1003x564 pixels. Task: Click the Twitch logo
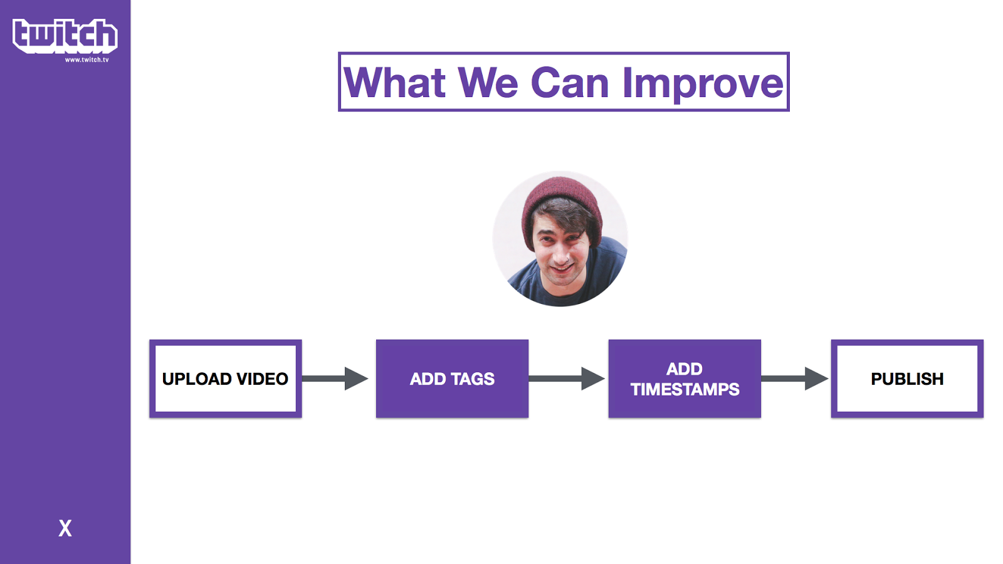[65, 36]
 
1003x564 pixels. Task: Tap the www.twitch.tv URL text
[87, 60]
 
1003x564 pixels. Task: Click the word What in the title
[394, 82]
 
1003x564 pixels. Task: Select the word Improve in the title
[703, 85]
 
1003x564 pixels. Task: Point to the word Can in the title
[570, 82]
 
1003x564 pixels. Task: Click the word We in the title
[488, 82]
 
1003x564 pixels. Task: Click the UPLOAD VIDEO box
[226, 379]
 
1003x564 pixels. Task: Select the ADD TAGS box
[452, 379]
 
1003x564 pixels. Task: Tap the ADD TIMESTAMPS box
[685, 379]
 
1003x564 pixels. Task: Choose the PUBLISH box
[907, 379]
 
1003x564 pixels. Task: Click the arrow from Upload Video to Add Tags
[335, 379]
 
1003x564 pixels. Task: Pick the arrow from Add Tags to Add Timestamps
[567, 379]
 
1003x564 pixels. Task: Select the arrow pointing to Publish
[794, 379]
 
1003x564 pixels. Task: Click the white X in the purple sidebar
[65, 528]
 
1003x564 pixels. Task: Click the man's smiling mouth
[562, 269]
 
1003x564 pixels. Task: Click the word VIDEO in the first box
[263, 379]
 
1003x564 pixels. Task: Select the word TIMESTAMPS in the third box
[685, 389]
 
